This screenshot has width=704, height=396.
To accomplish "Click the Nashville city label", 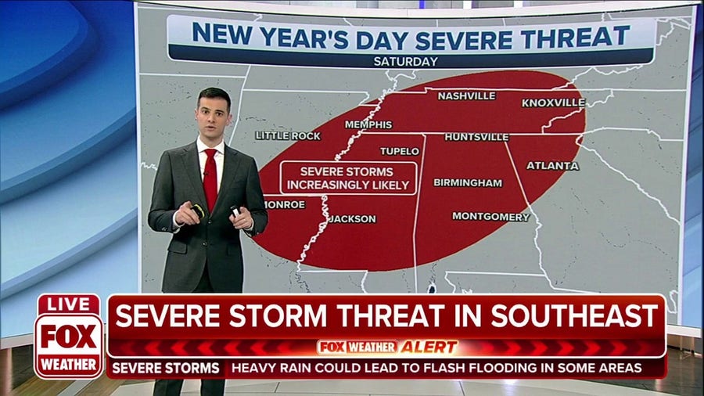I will pos(466,96).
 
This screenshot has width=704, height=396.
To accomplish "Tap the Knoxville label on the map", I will pos(553,103).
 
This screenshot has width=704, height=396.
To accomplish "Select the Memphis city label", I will pos(368,124).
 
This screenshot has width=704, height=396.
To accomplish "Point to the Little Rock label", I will pos(288,135).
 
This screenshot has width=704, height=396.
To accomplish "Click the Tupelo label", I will pos(400,151).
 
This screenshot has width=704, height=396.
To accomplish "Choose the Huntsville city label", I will pos(476,137).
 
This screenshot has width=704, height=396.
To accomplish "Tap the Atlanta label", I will pos(552,166).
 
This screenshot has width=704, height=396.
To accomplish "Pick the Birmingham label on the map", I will pos(468,182).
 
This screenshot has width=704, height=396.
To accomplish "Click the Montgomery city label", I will pos(490,216).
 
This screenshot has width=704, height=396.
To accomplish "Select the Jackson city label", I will pos(352,219).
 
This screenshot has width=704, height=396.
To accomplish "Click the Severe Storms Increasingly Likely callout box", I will pos(347,178).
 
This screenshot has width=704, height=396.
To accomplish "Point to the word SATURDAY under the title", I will pos(406,61).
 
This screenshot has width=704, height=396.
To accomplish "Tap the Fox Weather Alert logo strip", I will pos(387,347).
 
